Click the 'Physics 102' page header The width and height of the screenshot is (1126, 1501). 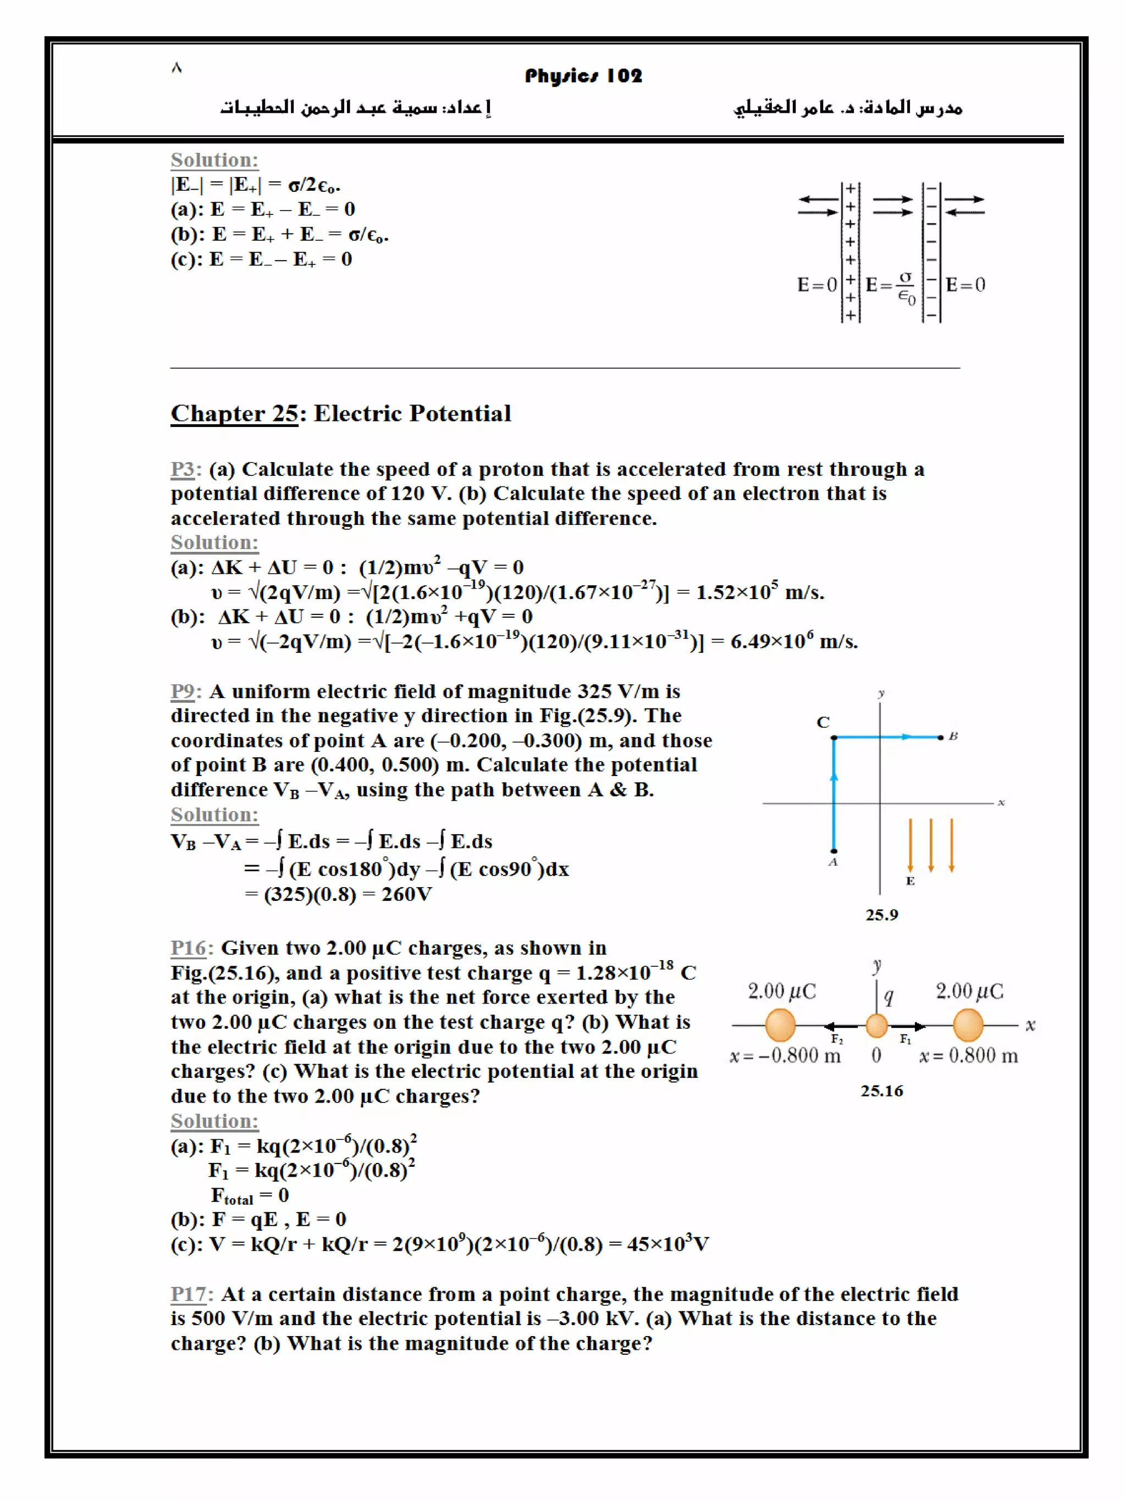(582, 75)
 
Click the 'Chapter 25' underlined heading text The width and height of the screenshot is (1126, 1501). (234, 413)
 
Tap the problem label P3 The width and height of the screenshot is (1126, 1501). (183, 469)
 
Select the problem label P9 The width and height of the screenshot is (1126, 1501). (183, 691)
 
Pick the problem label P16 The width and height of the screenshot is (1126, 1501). (188, 948)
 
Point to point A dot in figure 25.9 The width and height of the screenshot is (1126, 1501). (834, 850)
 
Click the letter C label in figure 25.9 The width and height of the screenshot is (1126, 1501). (823, 722)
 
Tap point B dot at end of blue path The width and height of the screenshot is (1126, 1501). (940, 737)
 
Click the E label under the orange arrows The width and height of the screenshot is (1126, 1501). (910, 881)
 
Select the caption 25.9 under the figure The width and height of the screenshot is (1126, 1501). (881, 915)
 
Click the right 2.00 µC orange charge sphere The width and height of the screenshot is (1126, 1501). (968, 1024)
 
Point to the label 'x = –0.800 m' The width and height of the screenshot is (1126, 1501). (785, 1056)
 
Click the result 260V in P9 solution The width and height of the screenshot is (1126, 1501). (406, 894)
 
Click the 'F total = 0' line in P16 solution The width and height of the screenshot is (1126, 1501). (249, 1195)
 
